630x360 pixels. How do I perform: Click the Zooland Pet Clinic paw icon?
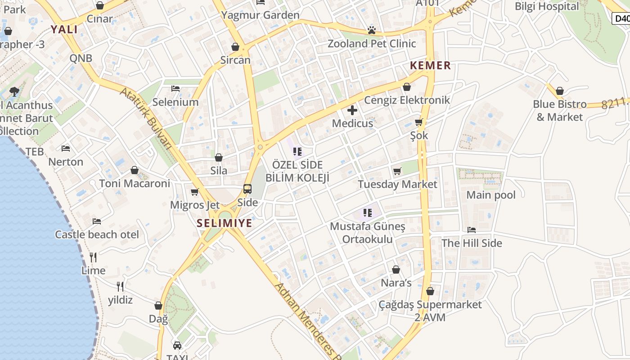point(372,30)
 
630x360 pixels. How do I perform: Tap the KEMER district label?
point(430,65)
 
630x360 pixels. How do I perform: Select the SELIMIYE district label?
point(224,223)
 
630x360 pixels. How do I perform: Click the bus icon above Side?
point(247,189)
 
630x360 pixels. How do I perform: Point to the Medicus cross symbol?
point(352,110)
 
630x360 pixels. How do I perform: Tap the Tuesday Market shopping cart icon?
point(397,171)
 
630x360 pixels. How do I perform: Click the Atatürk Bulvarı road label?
point(147,118)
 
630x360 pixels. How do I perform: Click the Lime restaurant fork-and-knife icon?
point(93,257)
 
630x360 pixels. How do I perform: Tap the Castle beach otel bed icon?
point(97,221)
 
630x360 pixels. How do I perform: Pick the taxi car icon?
point(177,346)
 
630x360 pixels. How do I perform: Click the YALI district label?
point(64,30)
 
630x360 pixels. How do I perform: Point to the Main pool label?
point(491,195)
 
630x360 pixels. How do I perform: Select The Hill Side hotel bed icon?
point(472,229)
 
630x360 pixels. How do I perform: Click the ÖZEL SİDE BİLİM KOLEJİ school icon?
point(297,152)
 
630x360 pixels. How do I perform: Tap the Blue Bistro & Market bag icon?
point(559,91)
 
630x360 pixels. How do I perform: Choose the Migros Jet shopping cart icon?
point(195,192)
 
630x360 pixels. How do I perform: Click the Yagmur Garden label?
point(260,15)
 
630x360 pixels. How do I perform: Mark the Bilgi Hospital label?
point(547,6)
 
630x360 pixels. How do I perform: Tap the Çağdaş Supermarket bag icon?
point(430,291)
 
